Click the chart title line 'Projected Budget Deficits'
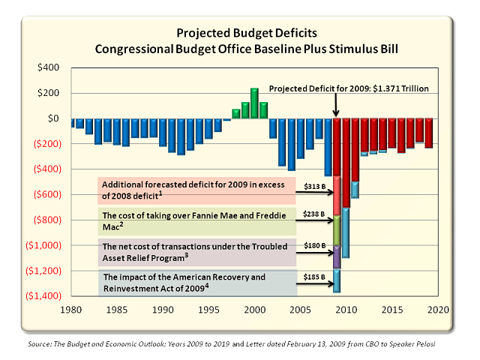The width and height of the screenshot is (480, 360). tap(241, 33)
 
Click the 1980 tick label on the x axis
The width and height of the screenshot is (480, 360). tap(72, 309)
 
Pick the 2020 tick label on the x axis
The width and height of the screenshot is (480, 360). tap(438, 309)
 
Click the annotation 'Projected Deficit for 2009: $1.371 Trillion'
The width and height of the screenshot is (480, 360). tap(349, 88)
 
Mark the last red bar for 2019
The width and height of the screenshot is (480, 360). tap(428, 133)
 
